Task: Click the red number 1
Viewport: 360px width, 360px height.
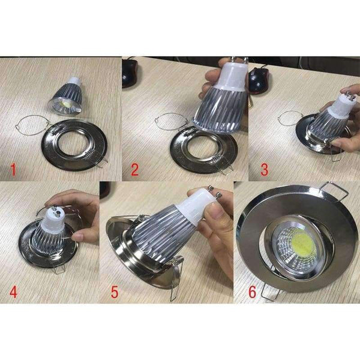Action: pos(13,169)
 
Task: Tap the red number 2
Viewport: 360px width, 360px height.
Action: pos(135,169)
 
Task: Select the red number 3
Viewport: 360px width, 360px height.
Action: pos(264,169)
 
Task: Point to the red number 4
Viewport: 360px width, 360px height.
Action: pos(13,291)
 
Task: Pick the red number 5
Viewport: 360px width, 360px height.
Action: pos(115,291)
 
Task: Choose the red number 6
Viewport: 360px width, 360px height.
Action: pos(252,291)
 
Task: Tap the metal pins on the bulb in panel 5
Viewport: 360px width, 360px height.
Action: pos(215,192)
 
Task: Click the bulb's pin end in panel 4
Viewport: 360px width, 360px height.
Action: pos(56,211)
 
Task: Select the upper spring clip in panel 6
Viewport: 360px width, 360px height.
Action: pos(334,191)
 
